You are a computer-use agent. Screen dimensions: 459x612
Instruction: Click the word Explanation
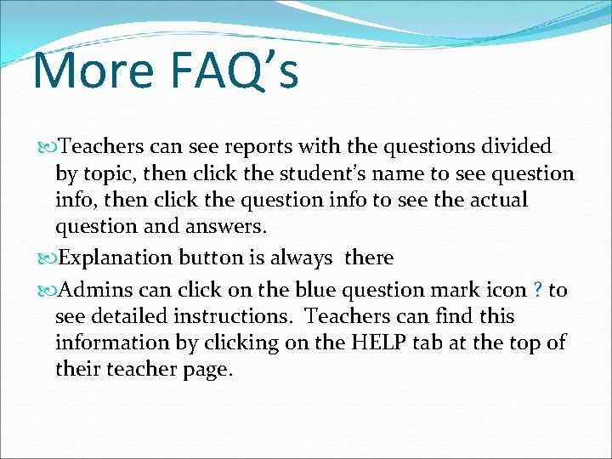[115, 257]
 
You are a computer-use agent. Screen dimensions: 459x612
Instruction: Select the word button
[212, 257]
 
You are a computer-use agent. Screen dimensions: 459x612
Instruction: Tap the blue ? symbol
[538, 291]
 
